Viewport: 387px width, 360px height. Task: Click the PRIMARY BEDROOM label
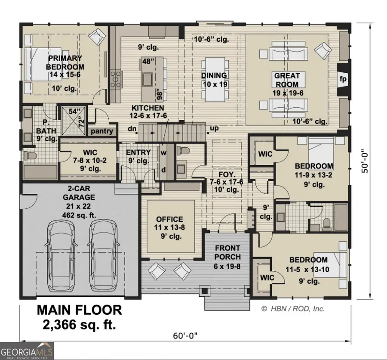pos(64,62)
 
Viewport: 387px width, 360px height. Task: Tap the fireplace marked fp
pos(343,79)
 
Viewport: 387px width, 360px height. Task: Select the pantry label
pos(102,131)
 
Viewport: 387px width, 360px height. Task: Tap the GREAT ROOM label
pos(287,80)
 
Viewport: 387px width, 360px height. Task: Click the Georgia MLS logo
pos(27,349)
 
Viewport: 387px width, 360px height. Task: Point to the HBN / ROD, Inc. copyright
pos(293,308)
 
